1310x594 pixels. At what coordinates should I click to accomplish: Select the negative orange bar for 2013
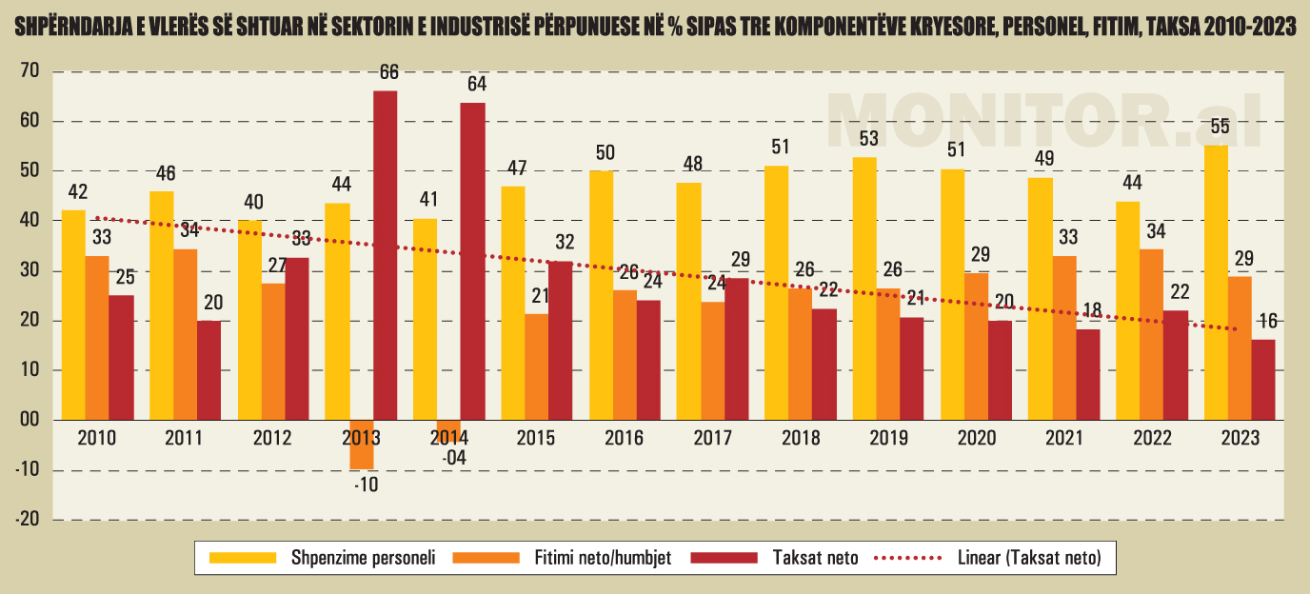pyautogui.click(x=362, y=445)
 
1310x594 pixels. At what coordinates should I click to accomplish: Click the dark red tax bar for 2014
pyautogui.click(x=472, y=261)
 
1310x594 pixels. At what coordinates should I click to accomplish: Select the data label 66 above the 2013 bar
pyautogui.click(x=387, y=72)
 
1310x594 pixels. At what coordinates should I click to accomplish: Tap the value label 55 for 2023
pyautogui.click(x=1219, y=127)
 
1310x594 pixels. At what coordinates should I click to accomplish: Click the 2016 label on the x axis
pyautogui.click(x=625, y=439)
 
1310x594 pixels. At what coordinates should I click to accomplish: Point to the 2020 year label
pyautogui.click(x=977, y=439)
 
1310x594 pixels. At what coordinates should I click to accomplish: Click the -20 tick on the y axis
pyautogui.click(x=27, y=520)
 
